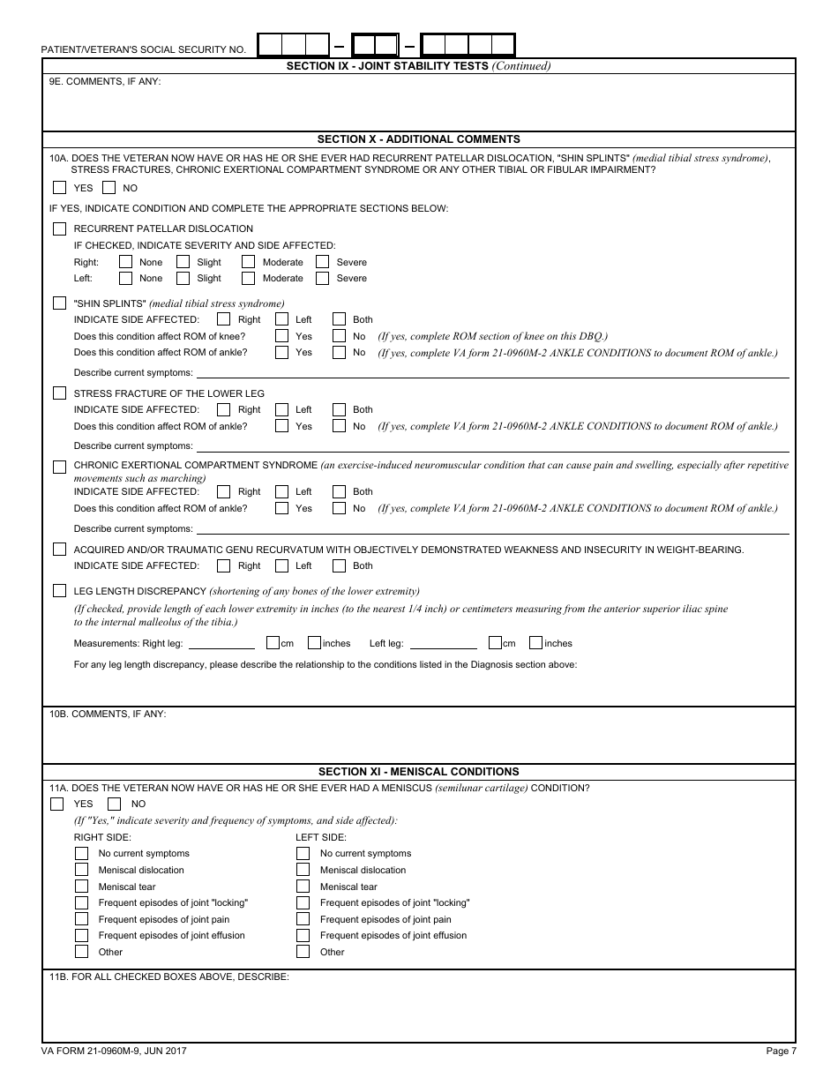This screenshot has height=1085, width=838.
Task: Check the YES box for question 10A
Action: click(59, 187)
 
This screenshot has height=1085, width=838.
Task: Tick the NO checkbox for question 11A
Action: click(114, 804)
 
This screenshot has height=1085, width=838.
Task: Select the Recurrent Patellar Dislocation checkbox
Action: click(59, 228)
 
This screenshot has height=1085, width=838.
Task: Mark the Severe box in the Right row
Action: click(322, 262)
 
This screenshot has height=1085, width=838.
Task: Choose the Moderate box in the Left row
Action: click(248, 278)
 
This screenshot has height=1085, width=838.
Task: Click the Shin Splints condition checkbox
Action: click(59, 303)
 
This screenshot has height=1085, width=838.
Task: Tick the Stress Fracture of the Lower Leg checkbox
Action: click(59, 393)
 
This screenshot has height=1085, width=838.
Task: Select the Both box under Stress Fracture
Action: click(339, 409)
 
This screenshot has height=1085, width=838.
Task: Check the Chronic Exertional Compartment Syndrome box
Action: click(59, 466)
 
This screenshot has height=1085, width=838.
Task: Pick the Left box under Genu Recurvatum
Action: click(281, 565)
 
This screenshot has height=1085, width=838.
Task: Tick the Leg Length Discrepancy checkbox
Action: click(59, 590)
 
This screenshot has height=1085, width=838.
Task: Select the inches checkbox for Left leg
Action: click(535, 643)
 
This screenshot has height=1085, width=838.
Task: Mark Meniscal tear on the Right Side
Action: click(81, 887)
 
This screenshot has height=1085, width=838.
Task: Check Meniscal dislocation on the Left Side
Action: click(303, 870)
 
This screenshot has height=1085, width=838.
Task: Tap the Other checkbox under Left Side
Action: click(303, 952)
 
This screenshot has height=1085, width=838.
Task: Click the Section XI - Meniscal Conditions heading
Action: click(418, 771)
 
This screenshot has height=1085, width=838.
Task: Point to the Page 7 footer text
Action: click(781, 1051)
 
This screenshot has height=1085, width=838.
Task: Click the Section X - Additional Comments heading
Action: click(418, 138)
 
